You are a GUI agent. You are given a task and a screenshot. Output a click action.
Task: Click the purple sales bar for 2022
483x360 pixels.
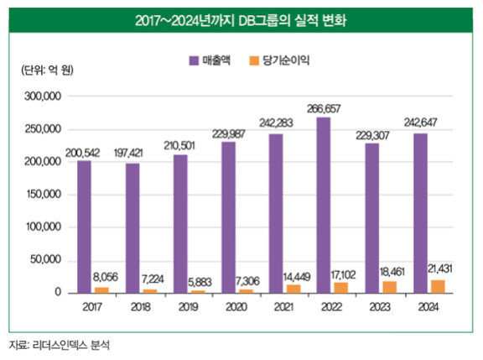(x=324, y=206)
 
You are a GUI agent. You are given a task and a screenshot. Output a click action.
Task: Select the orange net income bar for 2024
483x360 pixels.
(x=438, y=287)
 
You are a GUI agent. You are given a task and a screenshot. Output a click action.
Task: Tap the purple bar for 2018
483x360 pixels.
(x=132, y=228)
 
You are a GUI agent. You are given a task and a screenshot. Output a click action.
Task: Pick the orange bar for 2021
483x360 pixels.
(x=293, y=289)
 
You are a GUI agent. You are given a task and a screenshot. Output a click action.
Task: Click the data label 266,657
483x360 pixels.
(x=324, y=109)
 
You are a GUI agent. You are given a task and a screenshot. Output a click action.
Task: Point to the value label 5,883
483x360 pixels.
(x=200, y=282)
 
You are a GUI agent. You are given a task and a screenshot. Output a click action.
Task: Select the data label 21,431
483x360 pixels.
(x=440, y=269)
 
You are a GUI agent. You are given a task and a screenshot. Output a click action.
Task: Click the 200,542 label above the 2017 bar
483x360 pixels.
(x=82, y=153)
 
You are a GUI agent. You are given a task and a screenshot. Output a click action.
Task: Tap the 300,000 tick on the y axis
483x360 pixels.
(x=43, y=97)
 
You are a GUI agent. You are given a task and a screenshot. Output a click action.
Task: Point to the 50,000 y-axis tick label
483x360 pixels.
(x=45, y=260)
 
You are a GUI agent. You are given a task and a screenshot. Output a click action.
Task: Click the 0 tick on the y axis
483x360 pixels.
(x=58, y=292)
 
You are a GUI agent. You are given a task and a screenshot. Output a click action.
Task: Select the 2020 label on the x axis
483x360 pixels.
(x=236, y=307)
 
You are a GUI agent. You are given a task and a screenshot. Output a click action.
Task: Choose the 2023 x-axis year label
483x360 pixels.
(x=380, y=307)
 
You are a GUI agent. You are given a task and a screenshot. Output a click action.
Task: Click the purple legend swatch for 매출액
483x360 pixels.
(x=194, y=60)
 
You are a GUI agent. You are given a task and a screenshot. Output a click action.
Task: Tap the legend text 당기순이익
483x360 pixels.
(x=286, y=60)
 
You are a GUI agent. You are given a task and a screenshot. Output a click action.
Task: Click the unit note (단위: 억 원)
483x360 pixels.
(x=47, y=70)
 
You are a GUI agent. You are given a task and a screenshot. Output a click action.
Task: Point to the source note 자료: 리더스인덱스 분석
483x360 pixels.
(x=59, y=345)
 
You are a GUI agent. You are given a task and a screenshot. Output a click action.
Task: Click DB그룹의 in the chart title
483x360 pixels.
(x=264, y=21)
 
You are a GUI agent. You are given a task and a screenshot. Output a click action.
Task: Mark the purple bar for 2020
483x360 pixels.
(x=228, y=217)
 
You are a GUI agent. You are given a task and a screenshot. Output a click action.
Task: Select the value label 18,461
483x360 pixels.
(x=392, y=272)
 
